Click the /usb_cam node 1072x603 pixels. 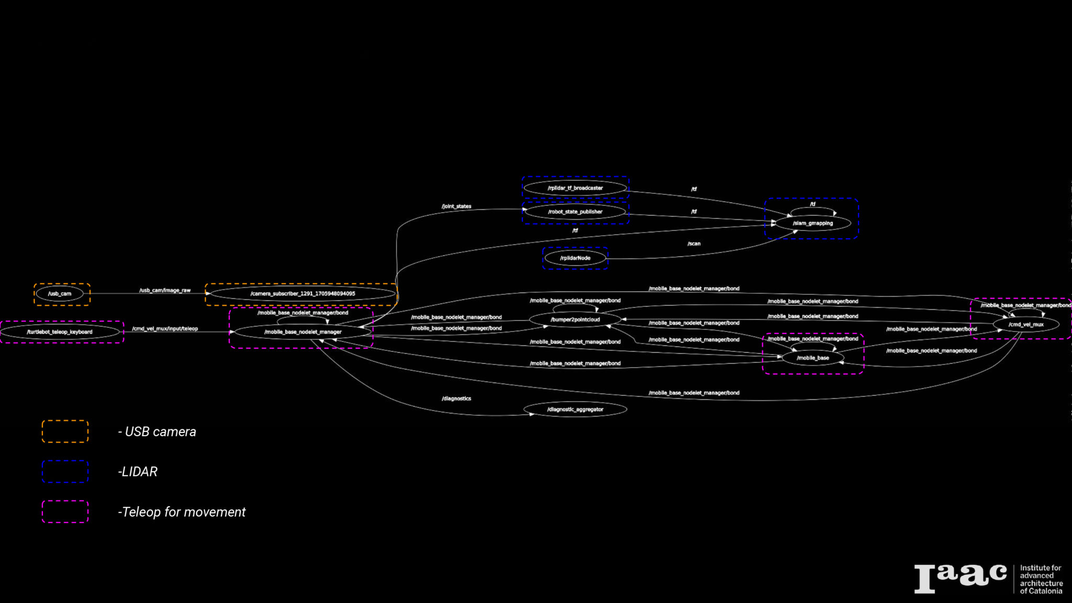click(60, 294)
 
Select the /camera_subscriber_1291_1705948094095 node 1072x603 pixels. click(302, 294)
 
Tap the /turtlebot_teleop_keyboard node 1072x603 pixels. click(60, 332)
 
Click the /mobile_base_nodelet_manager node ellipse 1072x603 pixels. click(303, 332)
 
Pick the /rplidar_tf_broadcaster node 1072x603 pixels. click(575, 188)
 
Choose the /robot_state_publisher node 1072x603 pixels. click(575, 212)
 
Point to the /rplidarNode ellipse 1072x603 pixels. click(575, 258)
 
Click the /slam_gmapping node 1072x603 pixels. click(812, 223)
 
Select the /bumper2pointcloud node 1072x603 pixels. click(575, 319)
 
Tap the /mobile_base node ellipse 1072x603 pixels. click(812, 358)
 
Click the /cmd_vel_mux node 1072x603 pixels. click(1025, 325)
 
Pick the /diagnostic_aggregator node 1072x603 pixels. click(575, 409)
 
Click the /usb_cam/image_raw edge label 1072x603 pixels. click(165, 290)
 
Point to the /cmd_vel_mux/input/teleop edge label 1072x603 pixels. click(165, 329)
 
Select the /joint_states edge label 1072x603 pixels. click(456, 206)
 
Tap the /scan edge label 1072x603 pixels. click(694, 243)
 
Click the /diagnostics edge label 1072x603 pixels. click(456, 398)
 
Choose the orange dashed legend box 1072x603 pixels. click(65, 431)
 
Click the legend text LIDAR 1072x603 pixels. click(139, 472)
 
